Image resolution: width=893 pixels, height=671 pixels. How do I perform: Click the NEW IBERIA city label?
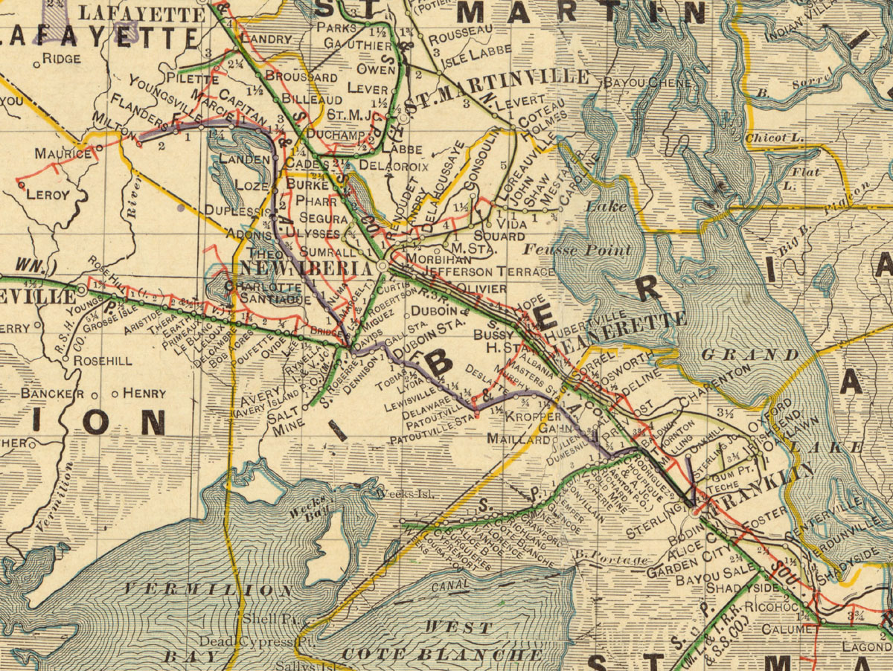pyautogui.click(x=305, y=269)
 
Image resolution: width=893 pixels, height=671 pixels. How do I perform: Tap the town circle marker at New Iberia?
pyautogui.click(x=383, y=266)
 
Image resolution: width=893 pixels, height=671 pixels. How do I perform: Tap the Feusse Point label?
pyautogui.click(x=578, y=250)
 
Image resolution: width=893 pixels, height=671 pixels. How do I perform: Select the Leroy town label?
pyautogui.click(x=48, y=195)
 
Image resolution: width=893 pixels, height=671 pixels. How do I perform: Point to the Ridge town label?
pyautogui.click(x=62, y=58)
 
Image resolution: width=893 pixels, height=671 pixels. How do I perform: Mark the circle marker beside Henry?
pyautogui.click(x=115, y=394)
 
